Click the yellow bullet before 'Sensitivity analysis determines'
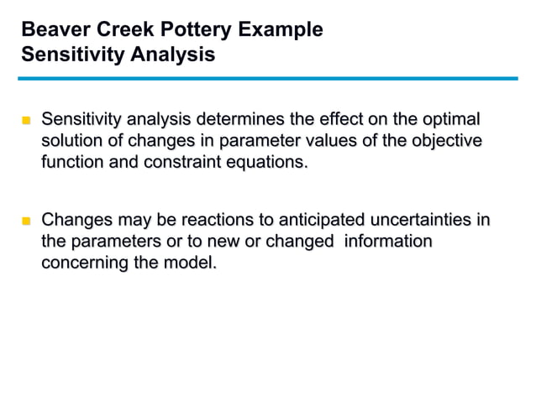[x=26, y=120]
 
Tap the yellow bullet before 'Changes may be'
[x=26, y=222]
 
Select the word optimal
[x=449, y=118]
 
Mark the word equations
[x=266, y=162]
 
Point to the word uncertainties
[x=425, y=221]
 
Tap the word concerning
[x=82, y=263]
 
